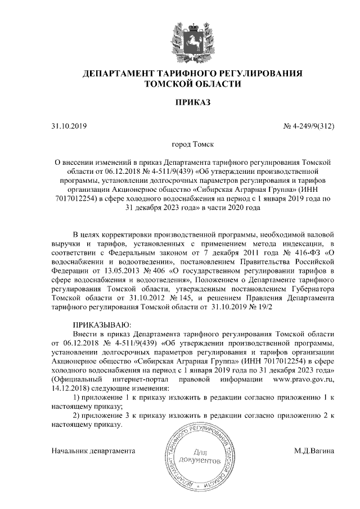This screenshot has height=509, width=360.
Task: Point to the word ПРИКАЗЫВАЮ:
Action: coord(102,325)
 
